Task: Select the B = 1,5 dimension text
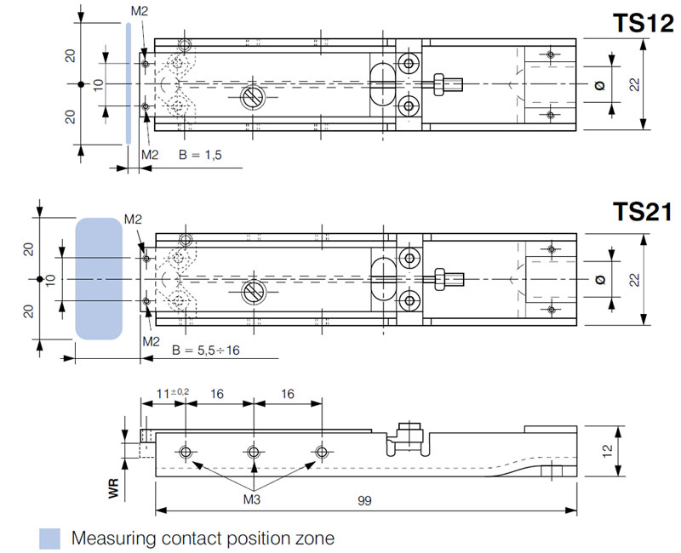[x=199, y=156]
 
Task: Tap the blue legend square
[x=50, y=538]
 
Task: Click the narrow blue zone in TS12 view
[x=127, y=84]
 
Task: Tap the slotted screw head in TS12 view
[x=253, y=97]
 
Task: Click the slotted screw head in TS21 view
[x=253, y=291]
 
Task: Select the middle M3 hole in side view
[x=254, y=451]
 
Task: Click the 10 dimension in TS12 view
[x=97, y=85]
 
